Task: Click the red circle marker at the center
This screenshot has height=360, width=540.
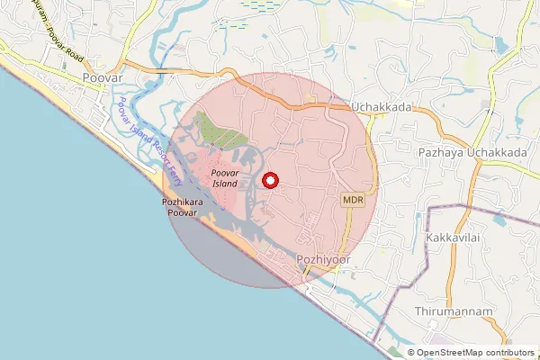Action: pos(268,180)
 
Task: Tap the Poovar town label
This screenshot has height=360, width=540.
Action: pos(99,79)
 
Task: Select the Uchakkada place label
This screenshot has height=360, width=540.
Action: pos(382,107)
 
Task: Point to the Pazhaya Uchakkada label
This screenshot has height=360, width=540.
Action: pos(472,153)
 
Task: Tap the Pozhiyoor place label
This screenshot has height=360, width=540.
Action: pos(321,259)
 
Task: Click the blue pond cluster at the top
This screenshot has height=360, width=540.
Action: pos(262,7)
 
